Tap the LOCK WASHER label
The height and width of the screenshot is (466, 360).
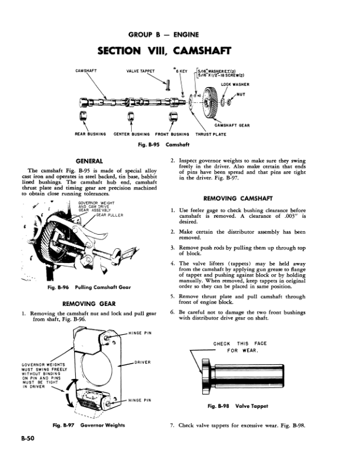(235, 85)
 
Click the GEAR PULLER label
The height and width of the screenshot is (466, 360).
(112, 215)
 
